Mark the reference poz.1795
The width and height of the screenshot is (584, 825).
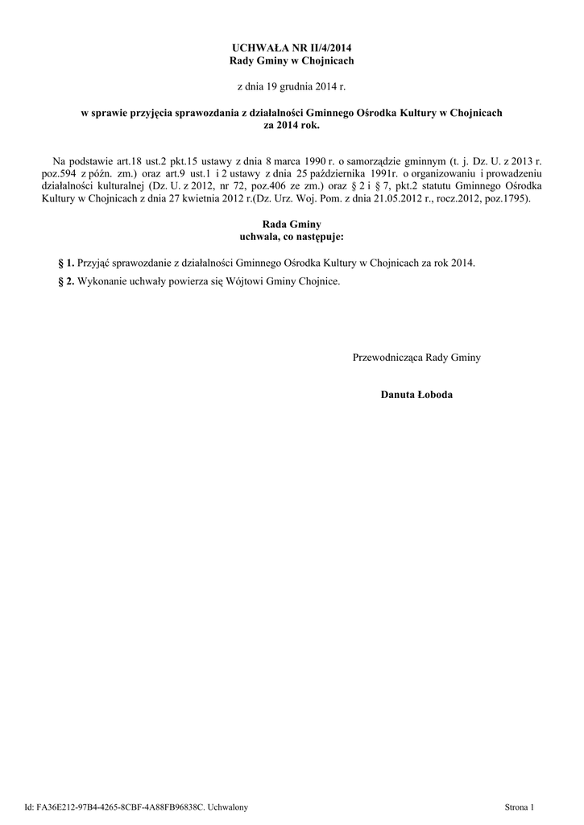click(x=507, y=197)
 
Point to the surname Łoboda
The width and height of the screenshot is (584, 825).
click(x=434, y=395)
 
